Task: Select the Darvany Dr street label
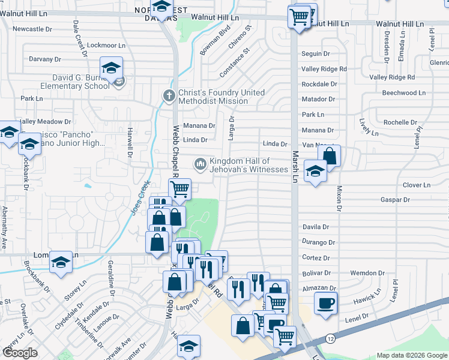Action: (45, 59)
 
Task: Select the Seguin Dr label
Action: (316, 54)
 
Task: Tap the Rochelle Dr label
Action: (400, 122)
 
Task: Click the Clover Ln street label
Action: (417, 185)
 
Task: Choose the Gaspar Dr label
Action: (395, 200)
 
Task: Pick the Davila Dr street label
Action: (316, 227)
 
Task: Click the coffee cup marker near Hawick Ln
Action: (325, 303)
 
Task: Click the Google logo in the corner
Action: (20, 353)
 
